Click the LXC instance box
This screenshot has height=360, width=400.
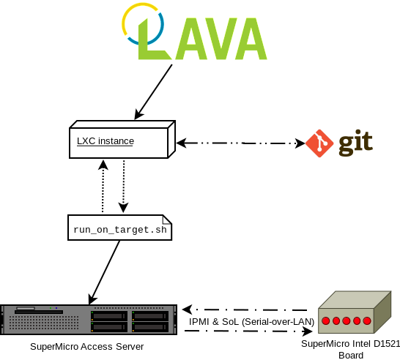(x=122, y=139)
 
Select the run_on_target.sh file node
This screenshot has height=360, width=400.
(x=120, y=228)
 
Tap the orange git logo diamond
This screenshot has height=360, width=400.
(x=319, y=143)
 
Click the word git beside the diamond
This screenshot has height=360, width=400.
(x=355, y=143)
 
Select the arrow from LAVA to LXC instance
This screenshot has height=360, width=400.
(x=153, y=92)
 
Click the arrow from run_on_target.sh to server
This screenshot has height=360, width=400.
(x=104, y=272)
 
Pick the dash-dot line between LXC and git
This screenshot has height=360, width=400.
(x=240, y=143)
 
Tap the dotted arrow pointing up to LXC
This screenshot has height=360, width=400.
(x=103, y=186)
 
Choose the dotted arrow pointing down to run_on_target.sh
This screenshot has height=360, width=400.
(x=124, y=187)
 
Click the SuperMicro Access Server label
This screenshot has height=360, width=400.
(x=86, y=347)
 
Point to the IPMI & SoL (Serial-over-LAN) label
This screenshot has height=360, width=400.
(x=251, y=322)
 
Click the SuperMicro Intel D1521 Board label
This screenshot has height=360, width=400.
(x=351, y=350)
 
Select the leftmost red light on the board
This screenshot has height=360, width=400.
(x=326, y=321)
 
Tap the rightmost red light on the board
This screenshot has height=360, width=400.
(x=367, y=321)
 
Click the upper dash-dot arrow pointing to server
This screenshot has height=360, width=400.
(x=245, y=310)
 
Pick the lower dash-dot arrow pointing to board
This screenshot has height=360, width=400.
(x=248, y=331)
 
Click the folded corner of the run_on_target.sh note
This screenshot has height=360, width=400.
(x=167, y=220)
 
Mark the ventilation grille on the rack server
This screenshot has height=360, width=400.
(x=44, y=323)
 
